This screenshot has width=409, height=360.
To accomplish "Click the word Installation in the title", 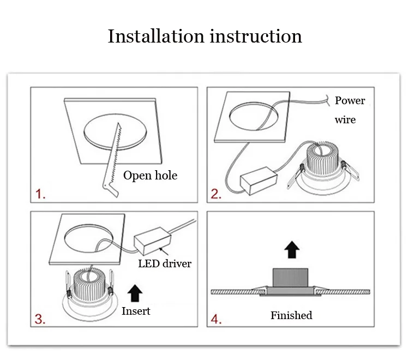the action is (156, 36).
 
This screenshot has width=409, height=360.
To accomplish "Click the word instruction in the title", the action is (256, 36).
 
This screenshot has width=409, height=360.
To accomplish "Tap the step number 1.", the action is (40, 194).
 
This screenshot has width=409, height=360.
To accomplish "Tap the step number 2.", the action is (216, 194).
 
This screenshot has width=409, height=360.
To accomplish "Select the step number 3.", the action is (40, 319).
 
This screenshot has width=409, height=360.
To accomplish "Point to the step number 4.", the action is (216, 319).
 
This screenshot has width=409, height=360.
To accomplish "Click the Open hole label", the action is (151, 175).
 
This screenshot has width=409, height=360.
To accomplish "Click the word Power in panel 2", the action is (350, 100).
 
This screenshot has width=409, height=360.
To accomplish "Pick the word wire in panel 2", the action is (345, 120).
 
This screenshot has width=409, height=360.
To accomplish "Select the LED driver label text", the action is (165, 263).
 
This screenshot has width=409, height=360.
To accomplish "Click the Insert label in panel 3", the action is (136, 311).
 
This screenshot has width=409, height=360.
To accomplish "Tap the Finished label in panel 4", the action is (291, 315).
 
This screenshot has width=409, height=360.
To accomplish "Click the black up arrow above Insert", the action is (135, 293).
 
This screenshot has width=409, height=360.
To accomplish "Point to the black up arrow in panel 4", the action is (292, 250).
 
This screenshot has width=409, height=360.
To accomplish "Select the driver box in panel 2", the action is (258, 181).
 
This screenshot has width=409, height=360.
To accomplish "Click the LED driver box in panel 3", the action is (153, 241).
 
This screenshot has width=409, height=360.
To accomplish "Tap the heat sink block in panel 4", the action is (290, 277).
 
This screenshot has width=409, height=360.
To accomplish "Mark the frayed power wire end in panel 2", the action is (328, 100).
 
